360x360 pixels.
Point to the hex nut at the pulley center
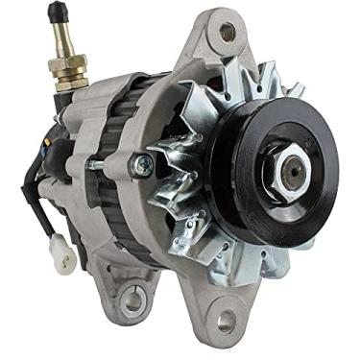pos(291,170)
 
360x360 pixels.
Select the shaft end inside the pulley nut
pos(293,170)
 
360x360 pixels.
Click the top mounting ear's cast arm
pos(206,58)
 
